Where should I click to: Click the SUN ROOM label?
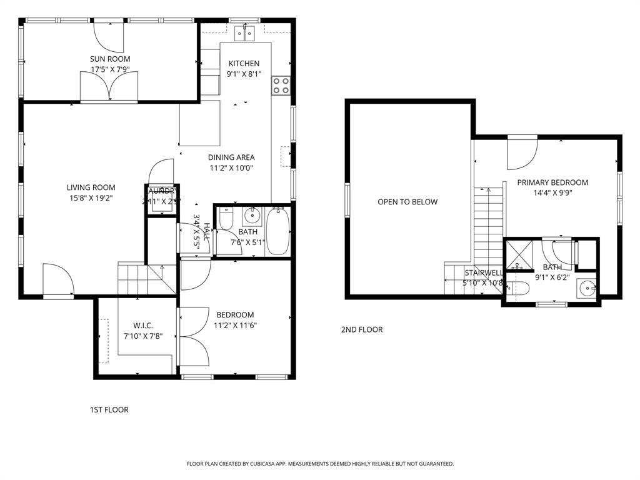coord(110,59)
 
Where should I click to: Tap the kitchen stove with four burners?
coord(281,86)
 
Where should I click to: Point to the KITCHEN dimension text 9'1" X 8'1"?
coord(243,74)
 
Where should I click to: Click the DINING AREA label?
coord(231,157)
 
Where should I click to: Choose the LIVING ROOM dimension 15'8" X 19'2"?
coord(91,198)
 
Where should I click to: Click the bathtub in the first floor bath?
coord(278,232)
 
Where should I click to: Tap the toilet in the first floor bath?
coord(226,218)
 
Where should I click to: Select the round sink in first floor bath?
coord(252,216)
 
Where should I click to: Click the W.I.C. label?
coord(142,326)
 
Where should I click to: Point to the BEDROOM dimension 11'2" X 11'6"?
coord(235,325)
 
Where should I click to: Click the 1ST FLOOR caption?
coord(109,410)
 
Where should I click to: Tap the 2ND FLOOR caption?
coord(362,329)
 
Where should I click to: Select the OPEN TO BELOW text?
coord(407,202)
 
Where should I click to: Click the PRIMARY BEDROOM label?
coord(552,182)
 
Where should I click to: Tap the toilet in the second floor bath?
coord(518,289)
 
